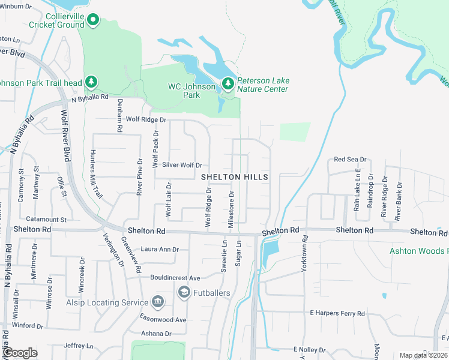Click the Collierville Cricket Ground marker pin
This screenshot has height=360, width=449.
(93, 20)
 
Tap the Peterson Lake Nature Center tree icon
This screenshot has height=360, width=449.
(228, 83)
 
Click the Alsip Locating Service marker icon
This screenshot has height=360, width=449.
(158, 301)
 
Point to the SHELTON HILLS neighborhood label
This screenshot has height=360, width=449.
(234, 177)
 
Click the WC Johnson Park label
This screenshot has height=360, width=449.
(191, 91)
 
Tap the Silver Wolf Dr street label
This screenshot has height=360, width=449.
(181, 165)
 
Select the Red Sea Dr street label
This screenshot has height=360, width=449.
(350, 160)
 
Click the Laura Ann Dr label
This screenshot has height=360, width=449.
(160, 249)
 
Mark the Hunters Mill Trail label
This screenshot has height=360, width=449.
(96, 175)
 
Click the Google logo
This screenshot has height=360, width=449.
(20, 353)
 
